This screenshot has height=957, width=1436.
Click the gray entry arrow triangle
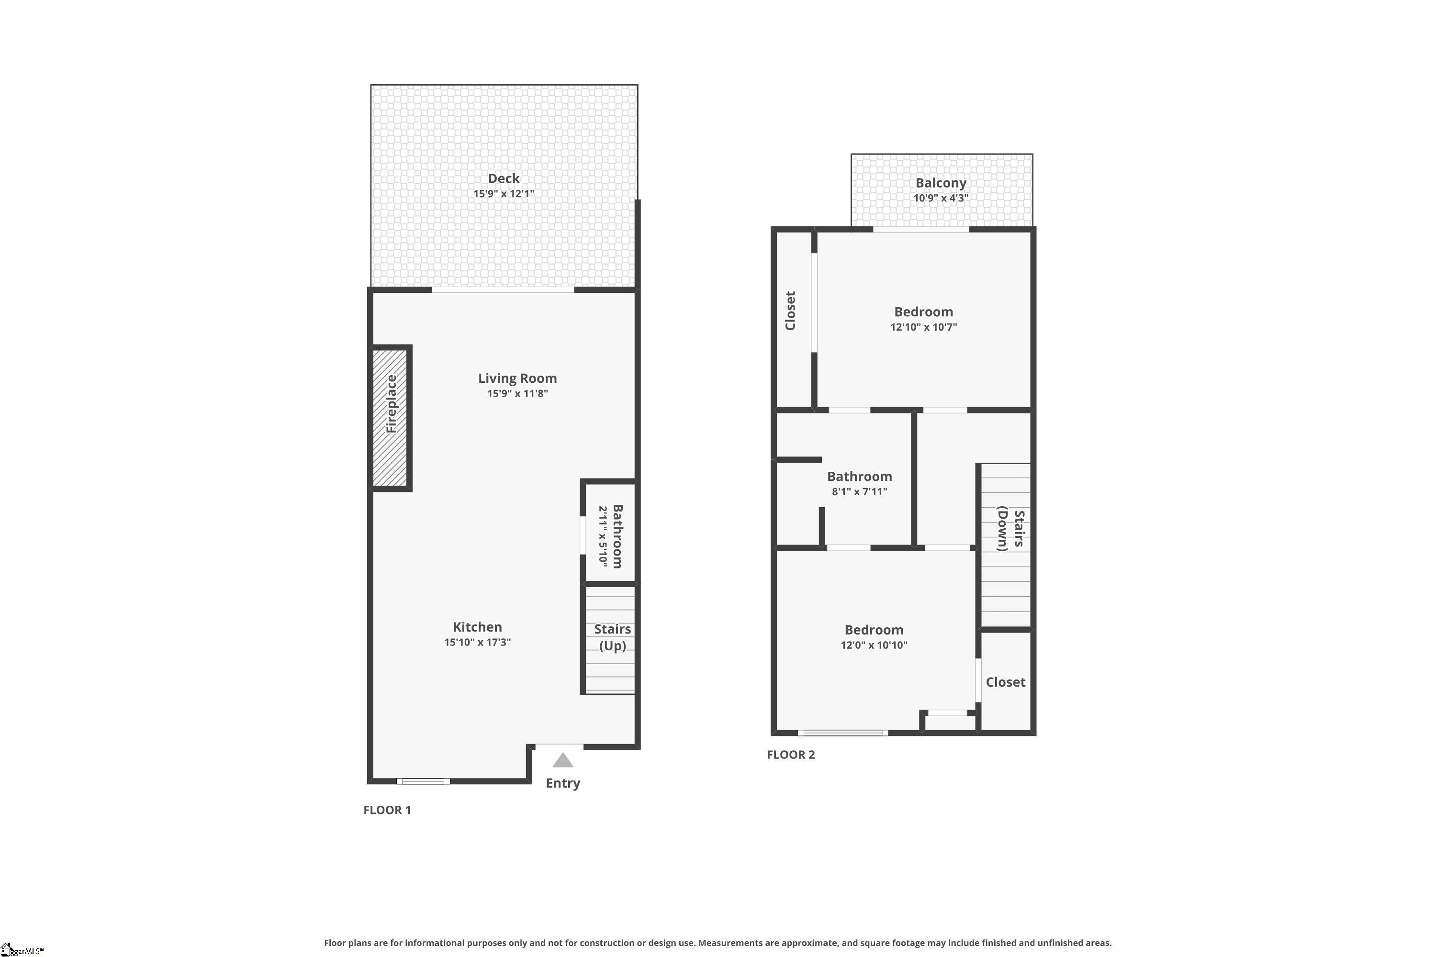(x=562, y=760)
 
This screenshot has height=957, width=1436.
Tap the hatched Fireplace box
(x=390, y=418)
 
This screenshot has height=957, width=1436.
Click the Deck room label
(x=504, y=178)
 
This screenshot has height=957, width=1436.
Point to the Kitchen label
(x=477, y=627)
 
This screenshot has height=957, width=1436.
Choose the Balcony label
(x=941, y=182)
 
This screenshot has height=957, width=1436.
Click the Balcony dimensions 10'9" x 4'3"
(x=941, y=198)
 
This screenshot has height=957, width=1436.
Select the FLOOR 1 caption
(x=387, y=810)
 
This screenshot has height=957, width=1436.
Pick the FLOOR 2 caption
(x=791, y=755)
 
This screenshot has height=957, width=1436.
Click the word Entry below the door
(x=563, y=783)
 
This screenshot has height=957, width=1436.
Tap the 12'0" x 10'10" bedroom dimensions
(x=874, y=645)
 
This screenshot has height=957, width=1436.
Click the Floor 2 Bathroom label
(x=859, y=476)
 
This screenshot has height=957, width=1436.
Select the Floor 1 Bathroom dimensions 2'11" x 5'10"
(x=603, y=536)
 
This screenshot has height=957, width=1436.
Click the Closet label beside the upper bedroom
(x=790, y=311)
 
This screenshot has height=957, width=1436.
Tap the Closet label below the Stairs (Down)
(x=1006, y=682)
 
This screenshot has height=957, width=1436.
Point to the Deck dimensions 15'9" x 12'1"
(x=504, y=193)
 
